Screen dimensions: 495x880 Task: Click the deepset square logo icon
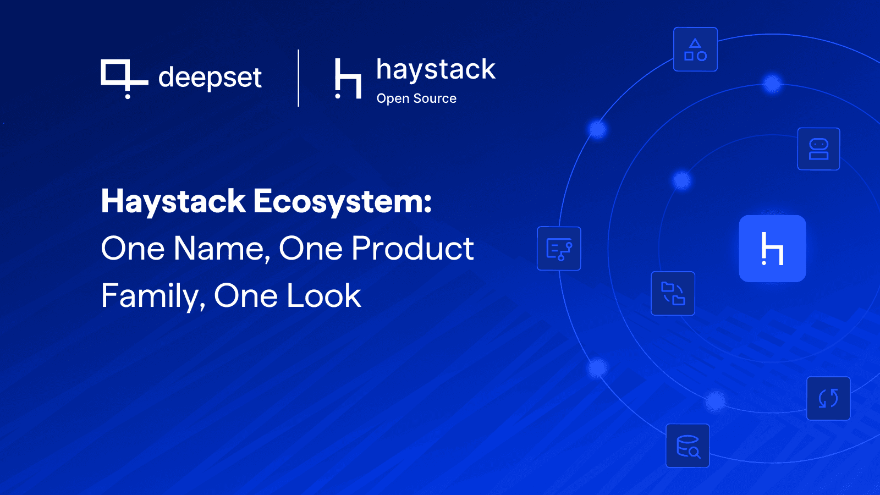[122, 77]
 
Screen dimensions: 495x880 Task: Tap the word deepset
[210, 77]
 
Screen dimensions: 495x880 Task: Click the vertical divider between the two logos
[299, 78]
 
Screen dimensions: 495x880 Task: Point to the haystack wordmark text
[436, 70]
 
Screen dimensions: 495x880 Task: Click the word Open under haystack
[393, 98]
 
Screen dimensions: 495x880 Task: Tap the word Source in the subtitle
[435, 98]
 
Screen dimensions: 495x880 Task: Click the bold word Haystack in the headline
[173, 201]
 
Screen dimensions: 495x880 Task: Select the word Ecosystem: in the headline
[343, 201]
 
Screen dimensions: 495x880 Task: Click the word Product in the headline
[413, 249]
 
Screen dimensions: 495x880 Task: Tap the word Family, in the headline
[153, 296]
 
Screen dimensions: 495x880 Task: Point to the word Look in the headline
[324, 296]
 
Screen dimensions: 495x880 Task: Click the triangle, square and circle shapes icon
[695, 50]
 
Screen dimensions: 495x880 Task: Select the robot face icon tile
[818, 149]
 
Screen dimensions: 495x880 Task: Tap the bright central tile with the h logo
[772, 249]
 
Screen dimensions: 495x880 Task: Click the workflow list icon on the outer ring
[559, 249]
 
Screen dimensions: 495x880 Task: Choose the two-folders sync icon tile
[673, 293]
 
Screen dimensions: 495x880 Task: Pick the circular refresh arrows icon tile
[828, 398]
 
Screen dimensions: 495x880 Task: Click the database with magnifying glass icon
[687, 446]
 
